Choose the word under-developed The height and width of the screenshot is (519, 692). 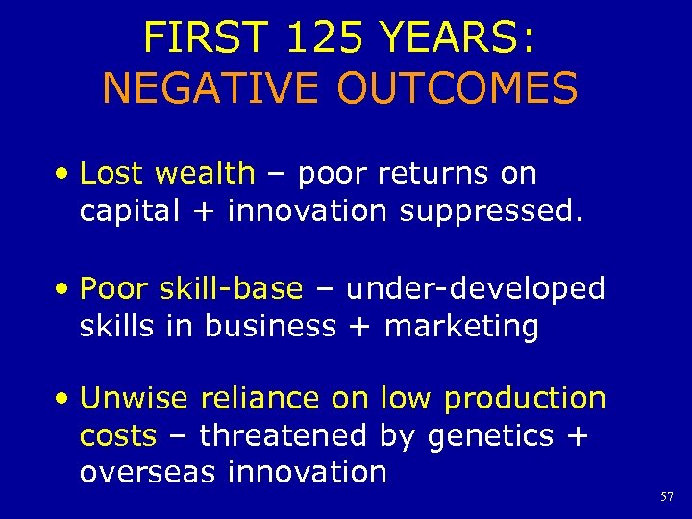pyautogui.click(x=476, y=288)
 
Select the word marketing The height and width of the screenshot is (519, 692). pyautogui.click(x=461, y=327)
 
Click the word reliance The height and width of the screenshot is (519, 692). pyautogui.click(x=259, y=398)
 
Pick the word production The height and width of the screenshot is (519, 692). pyautogui.click(x=525, y=398)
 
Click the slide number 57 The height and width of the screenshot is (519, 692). pyautogui.click(x=668, y=497)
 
